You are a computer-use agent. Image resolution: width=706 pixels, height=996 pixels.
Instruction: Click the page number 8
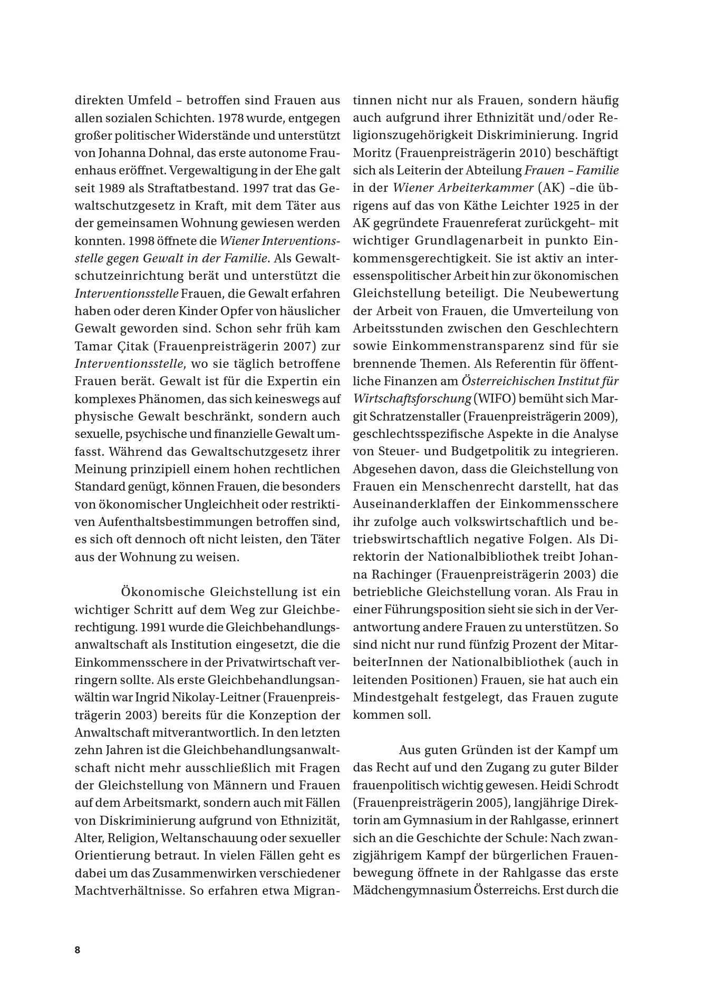78,950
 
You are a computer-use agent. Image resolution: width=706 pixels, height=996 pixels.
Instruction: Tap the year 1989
110,188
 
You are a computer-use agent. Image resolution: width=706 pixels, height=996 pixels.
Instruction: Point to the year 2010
537,153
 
